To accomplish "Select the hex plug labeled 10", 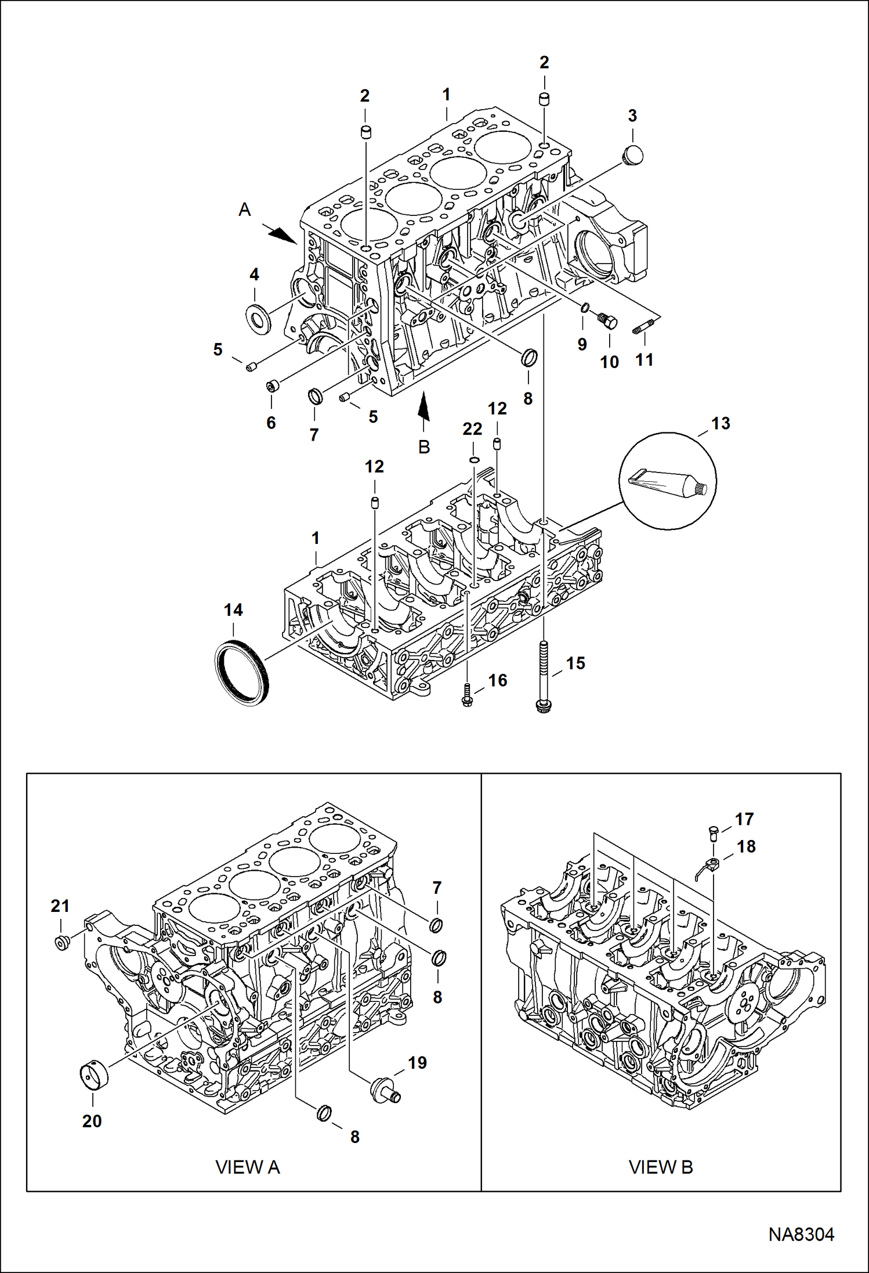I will (607, 320).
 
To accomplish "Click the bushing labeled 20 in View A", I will (93, 1075).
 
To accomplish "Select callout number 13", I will (720, 423).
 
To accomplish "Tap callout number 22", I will (472, 429).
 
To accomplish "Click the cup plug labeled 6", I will (272, 385).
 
